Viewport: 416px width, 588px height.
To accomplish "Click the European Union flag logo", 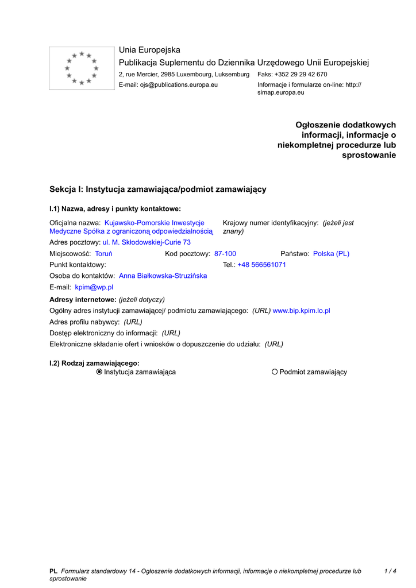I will pos(82,68).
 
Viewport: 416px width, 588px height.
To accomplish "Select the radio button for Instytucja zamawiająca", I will pos(99,372).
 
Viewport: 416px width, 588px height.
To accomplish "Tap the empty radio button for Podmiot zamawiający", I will pos(275,372).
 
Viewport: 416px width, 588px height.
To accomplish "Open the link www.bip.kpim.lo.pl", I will pos(301,311).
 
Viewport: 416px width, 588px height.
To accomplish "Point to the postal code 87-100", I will pos(225,254).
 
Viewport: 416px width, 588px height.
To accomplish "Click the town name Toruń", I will pos(103,254).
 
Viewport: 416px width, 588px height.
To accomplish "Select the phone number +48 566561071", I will pos(261,265).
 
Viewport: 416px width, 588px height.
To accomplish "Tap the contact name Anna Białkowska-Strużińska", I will pos(163,276).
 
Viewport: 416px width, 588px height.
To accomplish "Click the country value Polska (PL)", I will pos(331,254).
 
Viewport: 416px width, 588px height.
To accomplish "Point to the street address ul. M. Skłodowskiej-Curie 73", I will pos(147,242).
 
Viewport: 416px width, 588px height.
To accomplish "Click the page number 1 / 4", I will pos(390,571).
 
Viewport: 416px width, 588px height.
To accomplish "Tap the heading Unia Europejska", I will pos(149,51).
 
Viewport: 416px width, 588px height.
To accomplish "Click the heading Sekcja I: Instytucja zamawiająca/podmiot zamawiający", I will pos(158,189).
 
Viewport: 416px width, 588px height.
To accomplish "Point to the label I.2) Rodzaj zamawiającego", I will pos(94,363).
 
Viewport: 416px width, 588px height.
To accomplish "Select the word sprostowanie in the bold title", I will pos(369,156).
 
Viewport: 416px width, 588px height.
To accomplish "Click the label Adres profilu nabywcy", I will pos(84,322).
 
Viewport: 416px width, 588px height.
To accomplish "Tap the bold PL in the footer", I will pos(53,571).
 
